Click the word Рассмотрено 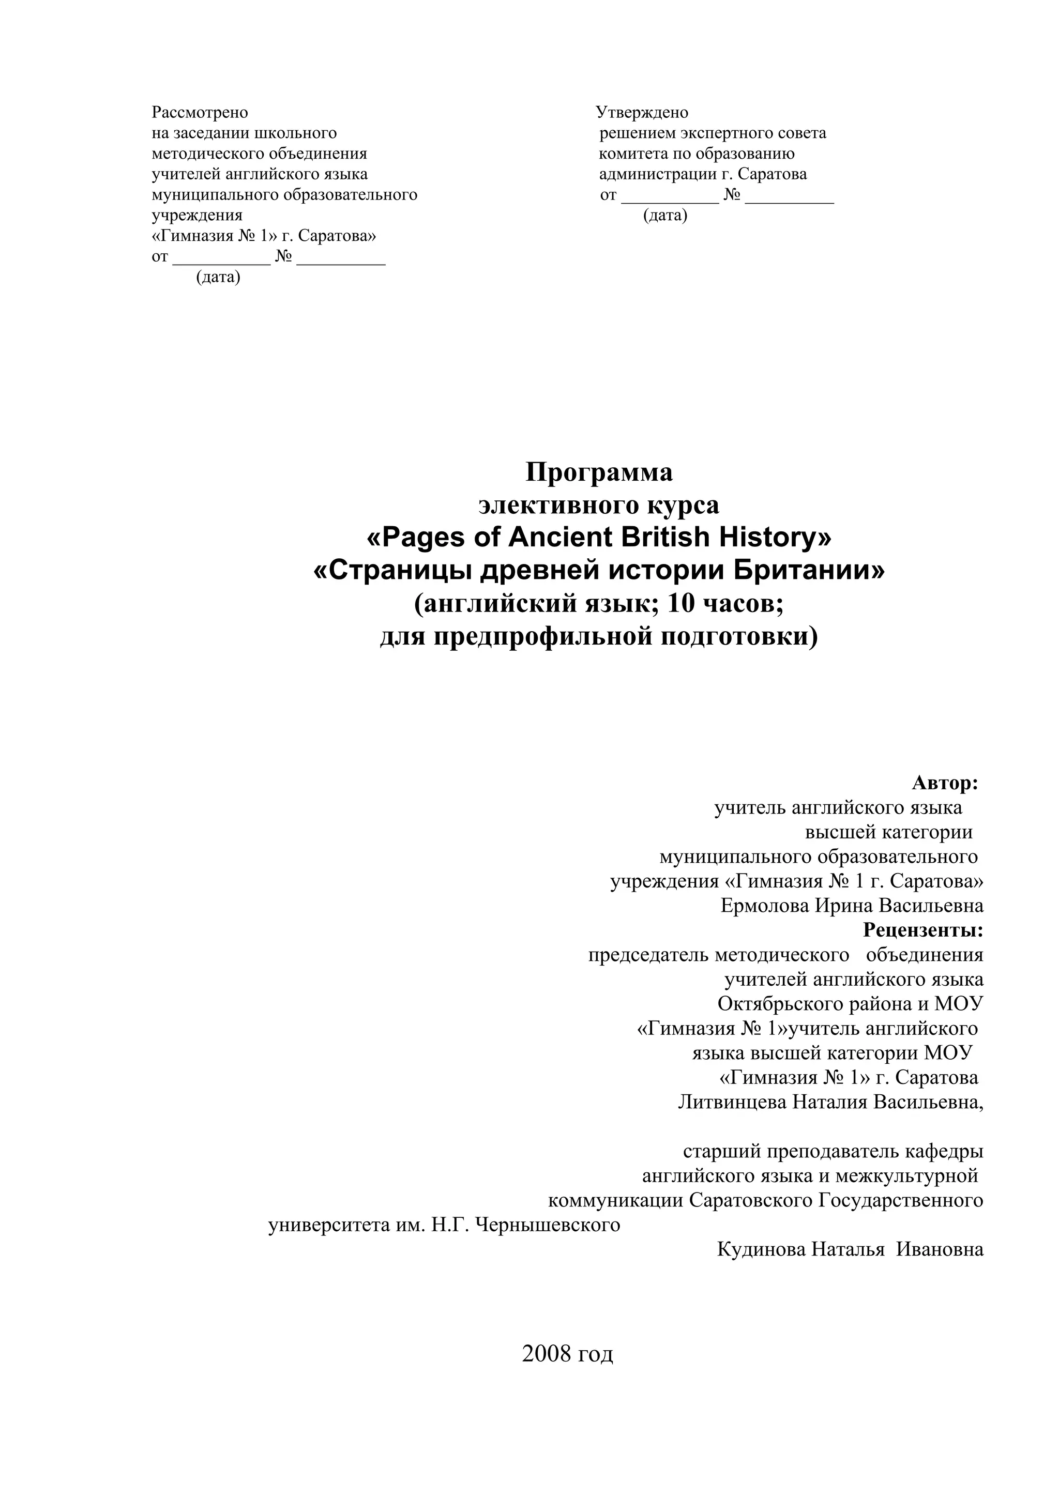[x=200, y=113]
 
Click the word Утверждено [x=642, y=113]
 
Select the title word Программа [x=598, y=472]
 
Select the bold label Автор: [x=945, y=783]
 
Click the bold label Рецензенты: [x=922, y=930]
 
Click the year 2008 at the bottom [x=545, y=1354]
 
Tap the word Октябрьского [x=782, y=1003]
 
